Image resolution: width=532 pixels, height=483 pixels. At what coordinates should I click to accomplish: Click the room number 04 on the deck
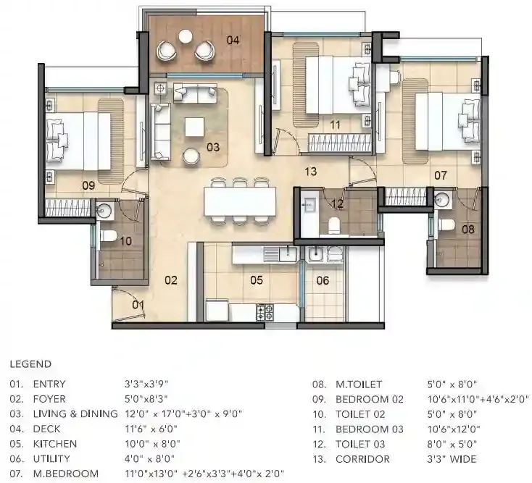pyautogui.click(x=233, y=40)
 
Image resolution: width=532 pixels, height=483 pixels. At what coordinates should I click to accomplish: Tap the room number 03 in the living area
pyautogui.click(x=212, y=147)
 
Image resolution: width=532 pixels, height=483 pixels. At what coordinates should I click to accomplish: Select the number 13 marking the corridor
pyautogui.click(x=311, y=172)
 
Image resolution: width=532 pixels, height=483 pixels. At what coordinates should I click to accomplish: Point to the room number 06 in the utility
pyautogui.click(x=323, y=280)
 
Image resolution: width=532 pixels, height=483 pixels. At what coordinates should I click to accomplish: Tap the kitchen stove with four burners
pyautogui.click(x=265, y=312)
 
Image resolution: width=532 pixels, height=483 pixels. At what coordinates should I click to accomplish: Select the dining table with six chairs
pyautogui.click(x=240, y=201)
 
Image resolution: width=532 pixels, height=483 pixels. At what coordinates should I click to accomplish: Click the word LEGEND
pyautogui.click(x=30, y=364)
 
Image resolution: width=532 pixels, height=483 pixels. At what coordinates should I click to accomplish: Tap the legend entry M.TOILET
pyautogui.click(x=357, y=385)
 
